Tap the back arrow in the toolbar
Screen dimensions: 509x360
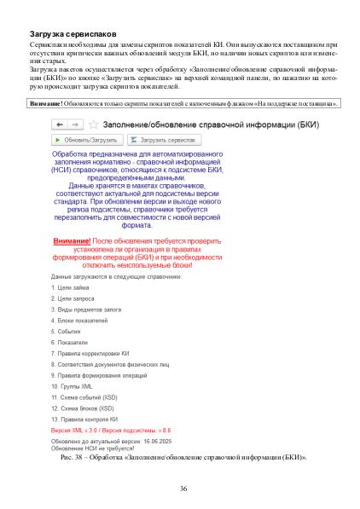point(60,124)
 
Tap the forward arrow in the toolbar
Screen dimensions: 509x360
point(73,124)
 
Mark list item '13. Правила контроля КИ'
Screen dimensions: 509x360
point(84,419)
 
